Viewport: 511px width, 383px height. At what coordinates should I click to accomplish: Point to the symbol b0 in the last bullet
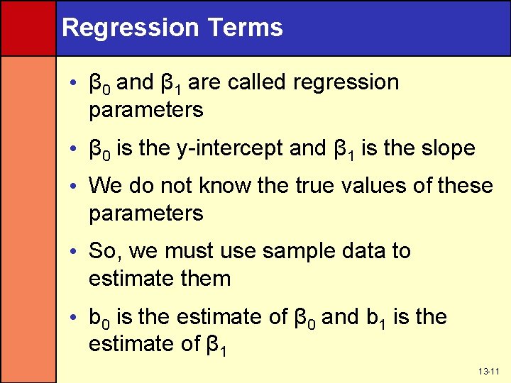(98, 318)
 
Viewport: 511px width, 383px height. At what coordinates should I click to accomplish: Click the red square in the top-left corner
(28, 28)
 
